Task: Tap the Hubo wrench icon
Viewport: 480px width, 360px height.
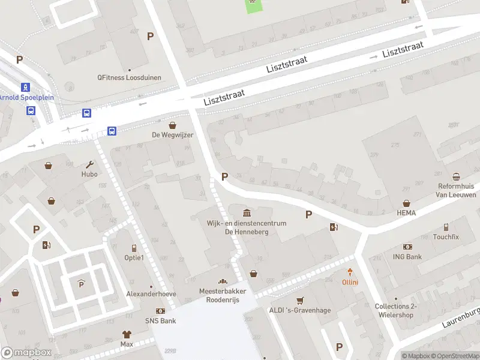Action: [89, 164]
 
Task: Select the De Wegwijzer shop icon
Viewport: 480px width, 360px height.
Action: [173, 125]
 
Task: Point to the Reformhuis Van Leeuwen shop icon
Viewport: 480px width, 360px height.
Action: [457, 177]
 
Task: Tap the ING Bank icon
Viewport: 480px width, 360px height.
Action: [408, 247]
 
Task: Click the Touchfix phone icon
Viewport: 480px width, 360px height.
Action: [446, 227]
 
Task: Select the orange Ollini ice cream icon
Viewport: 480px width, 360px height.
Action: [350, 273]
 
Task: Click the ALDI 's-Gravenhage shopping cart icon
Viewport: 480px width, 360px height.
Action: [300, 300]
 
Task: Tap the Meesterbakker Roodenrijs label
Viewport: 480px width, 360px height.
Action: [223, 295]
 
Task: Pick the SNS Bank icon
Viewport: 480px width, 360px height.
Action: [160, 311]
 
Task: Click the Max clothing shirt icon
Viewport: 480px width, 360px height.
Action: [127, 334]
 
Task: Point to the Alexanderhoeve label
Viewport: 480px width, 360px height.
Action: [151, 294]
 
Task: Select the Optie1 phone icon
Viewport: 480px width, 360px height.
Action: [134, 248]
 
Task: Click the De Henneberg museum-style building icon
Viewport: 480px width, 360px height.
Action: [247, 213]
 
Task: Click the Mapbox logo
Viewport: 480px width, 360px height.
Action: [26, 353]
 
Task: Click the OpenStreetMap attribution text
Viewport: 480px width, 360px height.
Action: [457, 356]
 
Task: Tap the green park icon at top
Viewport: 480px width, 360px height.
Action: [253, 4]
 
